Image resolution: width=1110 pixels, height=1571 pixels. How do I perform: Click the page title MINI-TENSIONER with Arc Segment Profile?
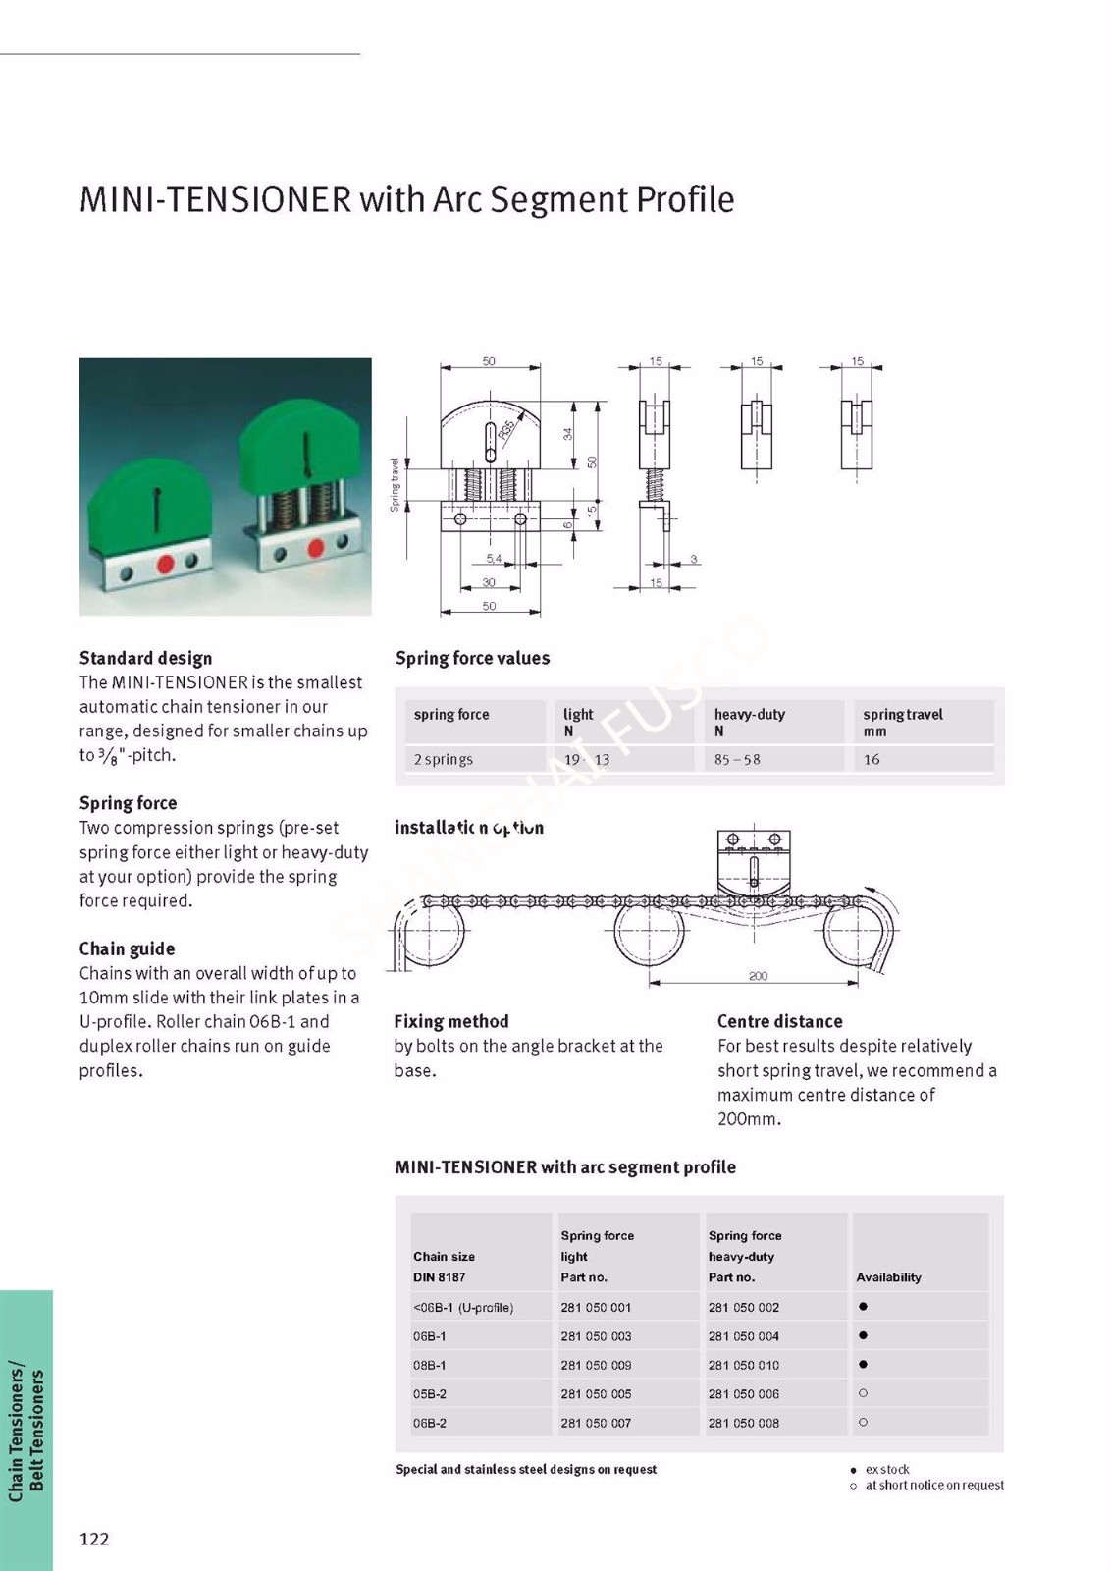click(x=406, y=199)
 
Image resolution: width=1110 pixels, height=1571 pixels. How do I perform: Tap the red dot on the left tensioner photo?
click(x=165, y=564)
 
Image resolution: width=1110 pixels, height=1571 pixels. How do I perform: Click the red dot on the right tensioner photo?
click(x=316, y=548)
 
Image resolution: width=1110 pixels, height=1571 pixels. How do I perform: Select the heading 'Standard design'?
click(x=145, y=658)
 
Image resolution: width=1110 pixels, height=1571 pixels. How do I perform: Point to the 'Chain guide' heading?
click(x=127, y=948)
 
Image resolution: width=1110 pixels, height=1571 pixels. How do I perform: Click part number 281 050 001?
click(x=596, y=1307)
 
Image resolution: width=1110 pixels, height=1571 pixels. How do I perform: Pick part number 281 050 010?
click(x=743, y=1365)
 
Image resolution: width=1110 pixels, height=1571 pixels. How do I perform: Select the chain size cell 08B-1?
click(x=430, y=1365)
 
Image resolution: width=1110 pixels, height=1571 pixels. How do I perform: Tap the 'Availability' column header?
click(x=888, y=1277)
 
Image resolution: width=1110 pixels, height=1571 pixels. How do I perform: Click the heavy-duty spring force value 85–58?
click(x=737, y=759)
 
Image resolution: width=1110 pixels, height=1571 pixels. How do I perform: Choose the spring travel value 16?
click(x=872, y=759)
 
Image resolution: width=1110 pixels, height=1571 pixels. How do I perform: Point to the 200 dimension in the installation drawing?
click(x=758, y=976)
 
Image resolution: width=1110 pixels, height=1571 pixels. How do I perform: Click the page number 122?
click(x=94, y=1539)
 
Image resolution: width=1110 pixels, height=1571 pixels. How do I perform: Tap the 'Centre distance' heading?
click(x=779, y=1021)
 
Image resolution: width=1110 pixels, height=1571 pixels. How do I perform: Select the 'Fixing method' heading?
click(x=450, y=1021)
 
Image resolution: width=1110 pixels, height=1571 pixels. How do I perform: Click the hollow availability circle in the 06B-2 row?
click(x=863, y=1422)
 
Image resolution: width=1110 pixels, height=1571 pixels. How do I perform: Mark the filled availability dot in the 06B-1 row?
click(x=863, y=1335)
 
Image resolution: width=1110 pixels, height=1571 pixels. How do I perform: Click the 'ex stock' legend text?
click(x=887, y=1469)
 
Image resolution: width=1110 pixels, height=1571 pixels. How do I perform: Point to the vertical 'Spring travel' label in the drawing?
click(x=395, y=484)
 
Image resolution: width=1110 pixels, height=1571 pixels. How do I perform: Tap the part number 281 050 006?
click(x=743, y=1393)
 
